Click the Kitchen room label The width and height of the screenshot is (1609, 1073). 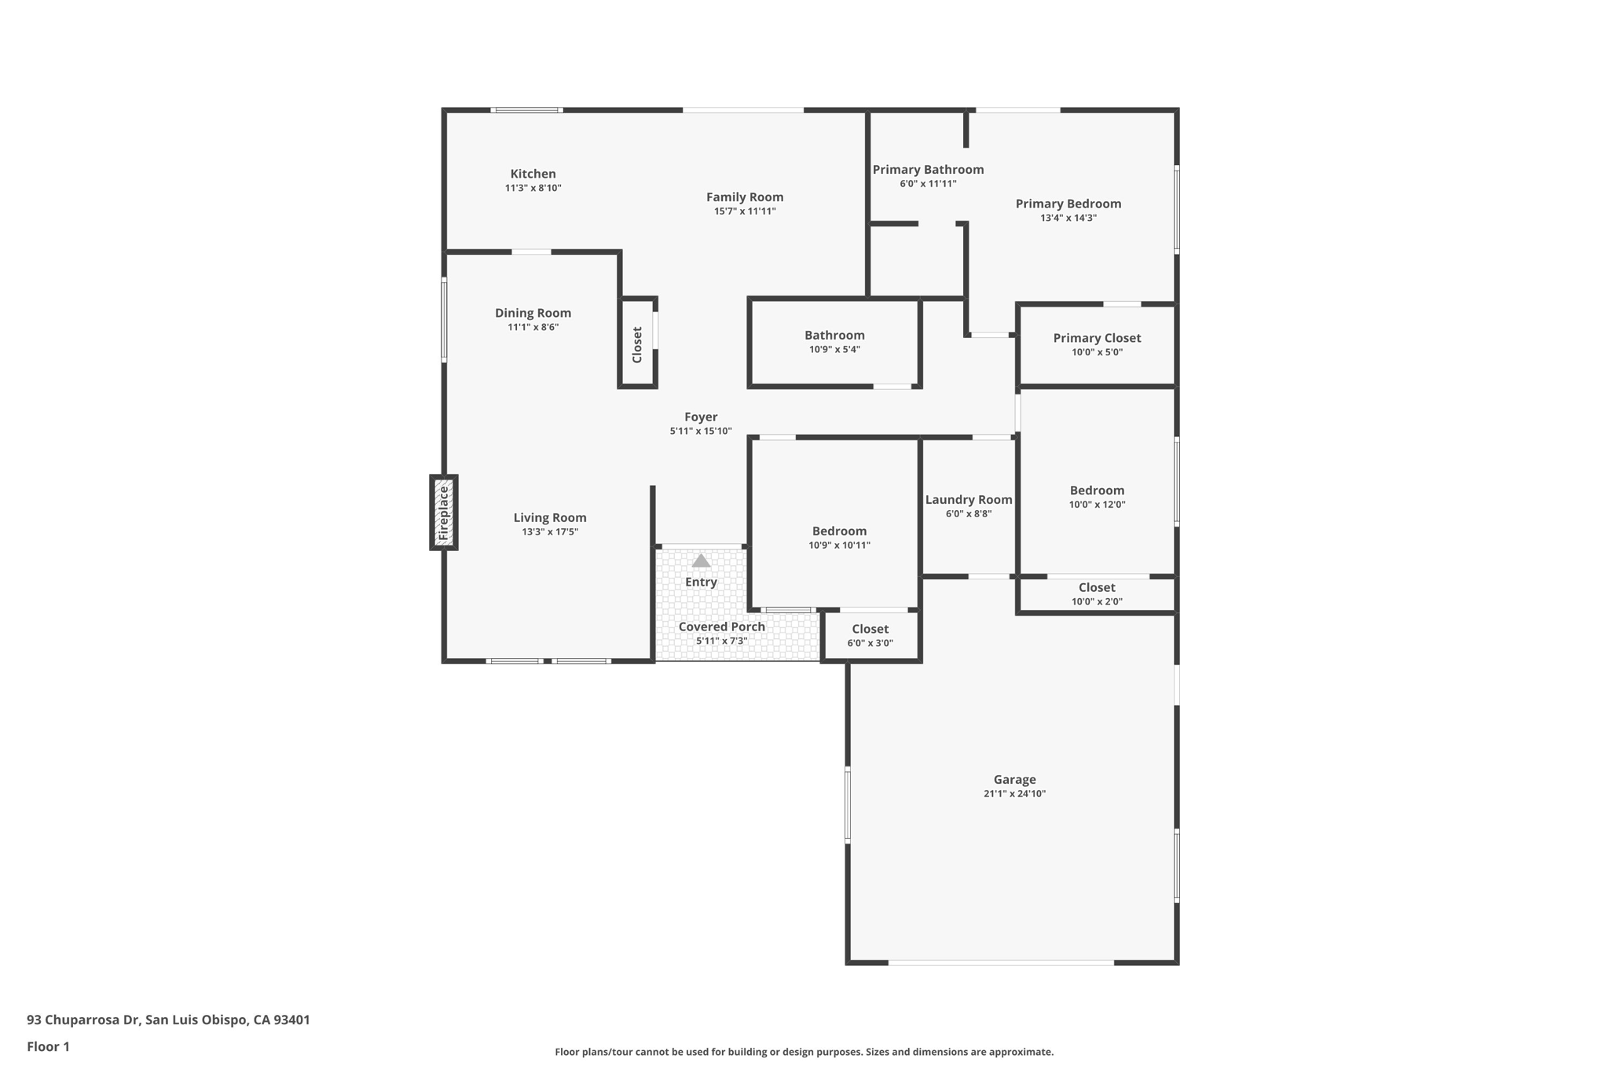533,174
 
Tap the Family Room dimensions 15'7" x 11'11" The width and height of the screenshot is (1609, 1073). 745,211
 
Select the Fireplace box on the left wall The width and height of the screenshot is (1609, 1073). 444,513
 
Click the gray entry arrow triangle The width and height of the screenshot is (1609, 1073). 701,560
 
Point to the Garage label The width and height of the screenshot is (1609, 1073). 1014,780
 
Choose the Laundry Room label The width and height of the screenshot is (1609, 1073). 969,500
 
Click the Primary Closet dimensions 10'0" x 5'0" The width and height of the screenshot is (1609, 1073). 1097,352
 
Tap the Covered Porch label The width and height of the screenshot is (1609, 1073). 721,627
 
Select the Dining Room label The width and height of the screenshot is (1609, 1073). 533,313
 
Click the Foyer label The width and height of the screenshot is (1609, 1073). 701,417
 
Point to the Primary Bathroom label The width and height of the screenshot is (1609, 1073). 928,170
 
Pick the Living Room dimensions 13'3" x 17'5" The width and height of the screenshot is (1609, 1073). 550,532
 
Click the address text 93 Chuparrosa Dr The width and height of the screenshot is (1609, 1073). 83,1020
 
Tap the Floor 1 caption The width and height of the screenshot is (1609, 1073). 48,1046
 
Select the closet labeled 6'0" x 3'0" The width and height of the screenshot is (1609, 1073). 870,635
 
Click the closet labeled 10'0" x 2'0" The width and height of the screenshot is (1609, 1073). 1097,593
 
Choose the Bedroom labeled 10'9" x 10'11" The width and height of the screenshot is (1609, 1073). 839,538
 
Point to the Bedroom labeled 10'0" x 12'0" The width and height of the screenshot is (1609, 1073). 1097,497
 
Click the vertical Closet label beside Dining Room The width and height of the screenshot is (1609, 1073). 637,344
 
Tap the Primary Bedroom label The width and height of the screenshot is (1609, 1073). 1068,204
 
